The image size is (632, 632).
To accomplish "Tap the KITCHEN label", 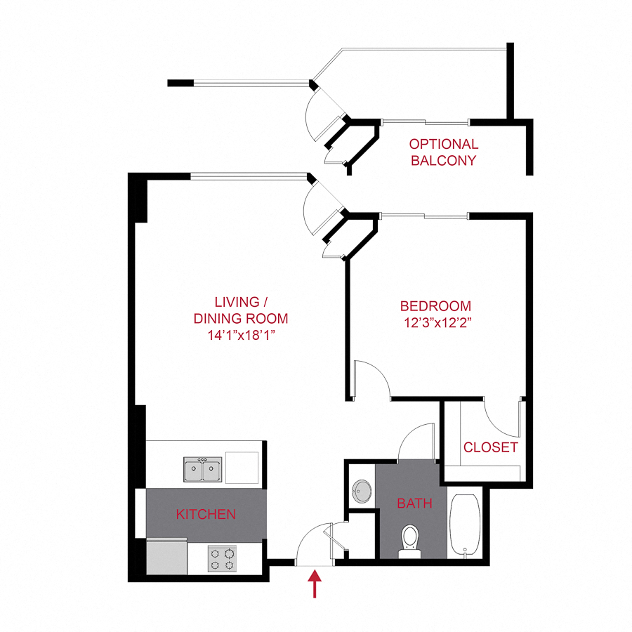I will point(206,514).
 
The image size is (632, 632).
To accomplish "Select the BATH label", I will point(414,503).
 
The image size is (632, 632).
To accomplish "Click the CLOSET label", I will point(490,447).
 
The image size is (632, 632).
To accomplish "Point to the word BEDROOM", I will point(435,306).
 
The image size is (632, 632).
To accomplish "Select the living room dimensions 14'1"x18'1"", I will point(241,334).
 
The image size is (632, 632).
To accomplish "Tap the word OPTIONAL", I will point(444,144).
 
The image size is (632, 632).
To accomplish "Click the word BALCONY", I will point(444,160).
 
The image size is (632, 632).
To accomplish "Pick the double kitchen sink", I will point(203,469).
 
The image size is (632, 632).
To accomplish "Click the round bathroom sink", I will point(362,491).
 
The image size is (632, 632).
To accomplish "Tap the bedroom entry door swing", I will point(371,379).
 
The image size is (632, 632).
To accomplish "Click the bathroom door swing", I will point(417,442).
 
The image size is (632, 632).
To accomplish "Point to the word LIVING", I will point(237,303).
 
